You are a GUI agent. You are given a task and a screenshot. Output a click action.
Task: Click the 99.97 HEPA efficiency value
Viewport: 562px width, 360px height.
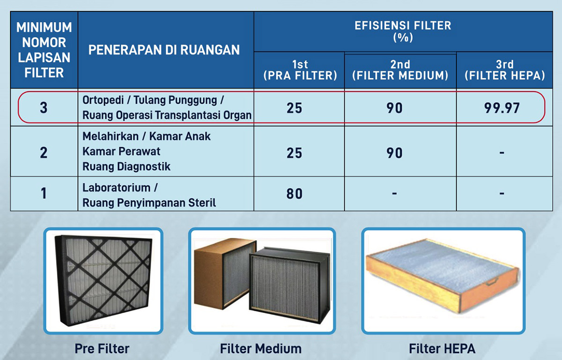(x=502, y=108)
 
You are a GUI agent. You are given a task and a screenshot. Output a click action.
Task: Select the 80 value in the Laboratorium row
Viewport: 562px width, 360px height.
(x=294, y=194)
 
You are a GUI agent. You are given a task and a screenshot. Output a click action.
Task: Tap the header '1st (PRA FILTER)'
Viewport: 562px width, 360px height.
(x=300, y=70)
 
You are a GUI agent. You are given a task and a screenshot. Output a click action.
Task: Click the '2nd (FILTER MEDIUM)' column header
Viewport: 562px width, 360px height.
(x=400, y=70)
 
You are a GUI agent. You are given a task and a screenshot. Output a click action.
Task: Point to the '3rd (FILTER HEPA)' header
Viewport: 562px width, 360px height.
(x=505, y=70)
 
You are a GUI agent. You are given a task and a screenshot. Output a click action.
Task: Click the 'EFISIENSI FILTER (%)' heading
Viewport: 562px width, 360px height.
(x=403, y=31)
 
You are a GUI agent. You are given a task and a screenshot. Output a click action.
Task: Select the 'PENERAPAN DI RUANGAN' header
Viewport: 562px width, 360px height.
(x=164, y=50)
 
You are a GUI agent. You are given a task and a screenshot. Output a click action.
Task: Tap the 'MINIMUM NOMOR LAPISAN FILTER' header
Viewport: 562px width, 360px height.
(x=44, y=50)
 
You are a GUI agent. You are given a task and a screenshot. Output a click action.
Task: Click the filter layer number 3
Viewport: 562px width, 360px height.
(x=44, y=108)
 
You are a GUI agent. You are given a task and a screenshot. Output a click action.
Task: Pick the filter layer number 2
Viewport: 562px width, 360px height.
(x=44, y=153)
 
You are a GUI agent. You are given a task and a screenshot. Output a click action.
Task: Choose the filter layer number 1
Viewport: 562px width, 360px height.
(x=44, y=194)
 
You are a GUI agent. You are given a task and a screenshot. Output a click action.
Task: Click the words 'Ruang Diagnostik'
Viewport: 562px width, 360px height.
(x=126, y=167)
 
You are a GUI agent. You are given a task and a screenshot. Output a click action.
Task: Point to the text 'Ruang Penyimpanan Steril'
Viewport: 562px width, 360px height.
(x=149, y=203)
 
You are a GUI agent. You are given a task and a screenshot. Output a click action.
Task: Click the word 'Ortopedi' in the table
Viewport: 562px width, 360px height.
(x=103, y=100)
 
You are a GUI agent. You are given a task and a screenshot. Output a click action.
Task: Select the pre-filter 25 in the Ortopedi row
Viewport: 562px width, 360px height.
(x=294, y=108)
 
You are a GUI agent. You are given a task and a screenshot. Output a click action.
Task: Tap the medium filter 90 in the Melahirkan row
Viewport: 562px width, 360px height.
(x=394, y=153)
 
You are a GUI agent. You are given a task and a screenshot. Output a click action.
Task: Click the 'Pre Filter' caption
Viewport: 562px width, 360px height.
(x=102, y=349)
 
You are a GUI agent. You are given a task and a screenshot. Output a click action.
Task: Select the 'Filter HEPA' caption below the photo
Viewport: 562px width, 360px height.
(x=442, y=349)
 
